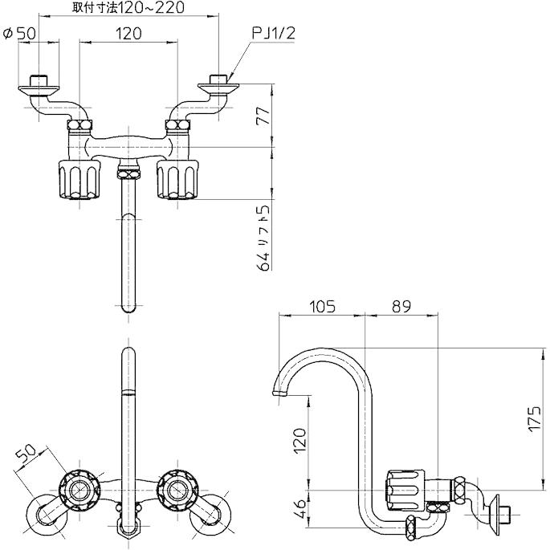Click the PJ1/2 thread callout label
coord(274,34)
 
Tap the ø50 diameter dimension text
coord(19,34)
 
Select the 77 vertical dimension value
coord(263,116)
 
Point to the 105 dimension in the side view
coord(322,307)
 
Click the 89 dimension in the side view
coord(401,307)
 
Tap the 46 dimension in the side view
coord(300,508)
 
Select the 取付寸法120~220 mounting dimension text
coord(128,7)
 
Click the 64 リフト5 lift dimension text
coord(264,238)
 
